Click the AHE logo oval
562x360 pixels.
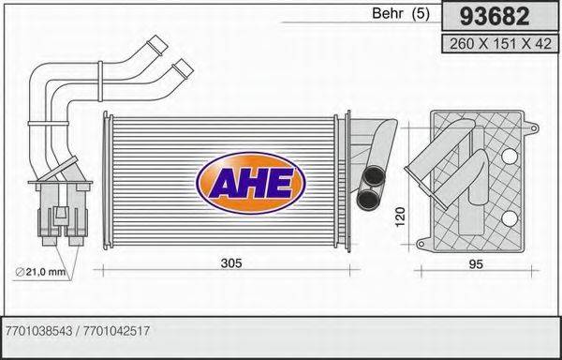point(250,179)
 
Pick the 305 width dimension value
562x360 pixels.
point(230,263)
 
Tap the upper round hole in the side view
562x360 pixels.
point(511,154)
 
